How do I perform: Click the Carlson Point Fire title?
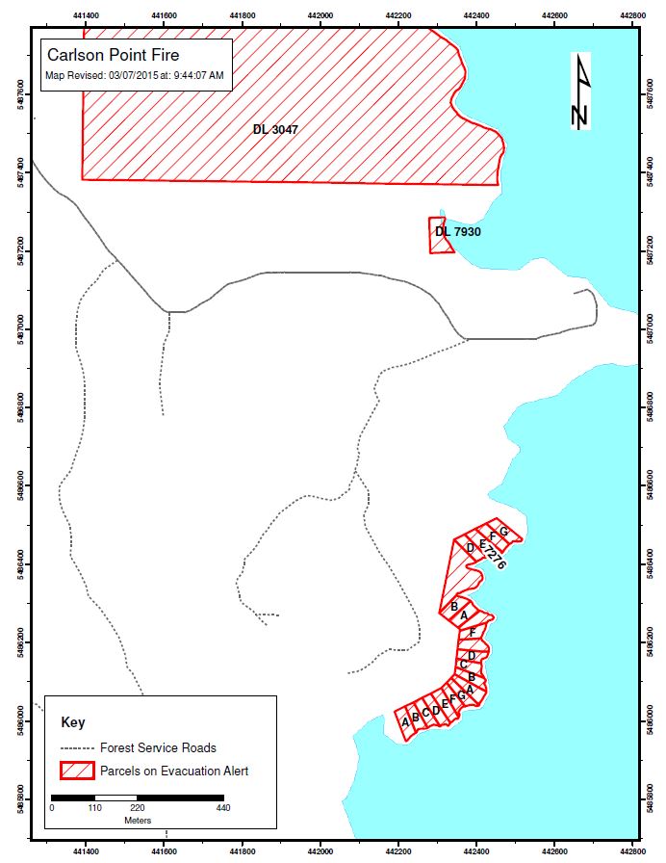coord(113,56)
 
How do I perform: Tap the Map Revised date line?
coord(135,75)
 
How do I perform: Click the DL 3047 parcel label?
coord(274,129)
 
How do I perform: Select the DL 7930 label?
coord(457,232)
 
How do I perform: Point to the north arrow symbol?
coord(579,94)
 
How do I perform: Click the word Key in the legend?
coord(73,722)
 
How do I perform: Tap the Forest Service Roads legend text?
coord(158,747)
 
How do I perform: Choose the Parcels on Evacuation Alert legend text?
coord(174,771)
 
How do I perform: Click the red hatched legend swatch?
coord(77,771)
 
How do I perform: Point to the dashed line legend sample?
coord(77,747)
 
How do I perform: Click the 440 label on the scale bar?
coord(223,808)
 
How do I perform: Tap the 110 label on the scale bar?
coord(94,808)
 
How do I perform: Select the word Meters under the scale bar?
coord(138,820)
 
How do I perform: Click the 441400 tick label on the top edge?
coord(86,15)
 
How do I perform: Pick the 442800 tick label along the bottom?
coord(632,850)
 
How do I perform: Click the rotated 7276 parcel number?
coord(495,560)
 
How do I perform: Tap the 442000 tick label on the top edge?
coord(320,15)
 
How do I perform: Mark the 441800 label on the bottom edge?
coord(243,850)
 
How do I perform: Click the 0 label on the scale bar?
coord(52,808)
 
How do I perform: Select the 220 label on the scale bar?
coord(138,808)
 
